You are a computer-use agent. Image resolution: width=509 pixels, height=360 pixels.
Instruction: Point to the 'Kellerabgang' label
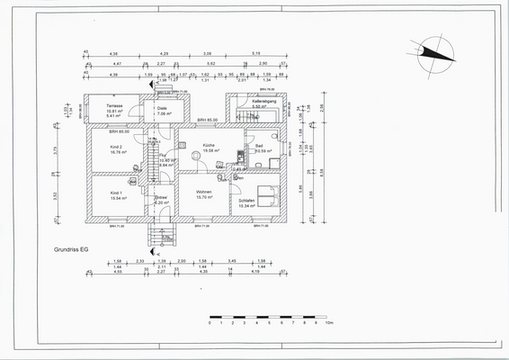263,102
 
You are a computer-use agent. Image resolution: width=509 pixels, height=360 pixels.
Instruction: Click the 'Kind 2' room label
116,146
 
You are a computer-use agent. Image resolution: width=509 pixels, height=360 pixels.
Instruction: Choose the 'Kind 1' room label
116,193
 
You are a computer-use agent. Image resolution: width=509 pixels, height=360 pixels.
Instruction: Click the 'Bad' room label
258,145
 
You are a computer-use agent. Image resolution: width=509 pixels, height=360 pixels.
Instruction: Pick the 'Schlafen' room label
247,200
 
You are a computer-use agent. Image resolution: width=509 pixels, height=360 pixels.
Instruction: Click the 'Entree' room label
162,197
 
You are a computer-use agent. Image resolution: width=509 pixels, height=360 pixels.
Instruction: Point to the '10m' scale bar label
329,323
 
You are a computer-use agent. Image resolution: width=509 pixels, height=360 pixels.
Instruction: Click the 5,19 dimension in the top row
256,52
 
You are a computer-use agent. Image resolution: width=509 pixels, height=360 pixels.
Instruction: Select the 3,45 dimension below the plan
231,260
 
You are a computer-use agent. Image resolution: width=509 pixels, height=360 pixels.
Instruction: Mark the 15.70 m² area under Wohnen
205,198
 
